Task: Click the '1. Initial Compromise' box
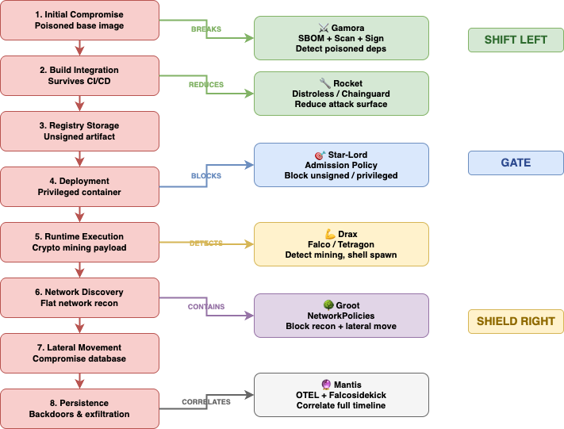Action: click(x=79, y=20)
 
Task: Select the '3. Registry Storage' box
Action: click(x=79, y=132)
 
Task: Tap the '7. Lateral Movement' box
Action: click(x=79, y=353)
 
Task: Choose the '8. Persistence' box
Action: click(x=79, y=408)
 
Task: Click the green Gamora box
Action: click(x=341, y=38)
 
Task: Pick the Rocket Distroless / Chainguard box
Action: click(x=341, y=94)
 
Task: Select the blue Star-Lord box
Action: click(x=341, y=165)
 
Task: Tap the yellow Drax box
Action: click(x=341, y=244)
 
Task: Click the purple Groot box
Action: click(x=341, y=316)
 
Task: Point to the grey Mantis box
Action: click(x=341, y=395)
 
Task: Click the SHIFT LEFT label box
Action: click(x=516, y=40)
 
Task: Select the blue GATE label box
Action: click(x=516, y=163)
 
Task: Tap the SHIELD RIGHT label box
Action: click(x=516, y=321)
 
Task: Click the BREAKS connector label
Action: click(x=206, y=29)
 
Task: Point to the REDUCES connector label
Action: click(x=206, y=85)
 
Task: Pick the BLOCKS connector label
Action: click(x=206, y=176)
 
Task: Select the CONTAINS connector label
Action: click(x=206, y=307)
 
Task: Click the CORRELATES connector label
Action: click(x=206, y=402)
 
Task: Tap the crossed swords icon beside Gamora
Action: click(x=324, y=28)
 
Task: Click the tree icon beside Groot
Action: click(x=328, y=305)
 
